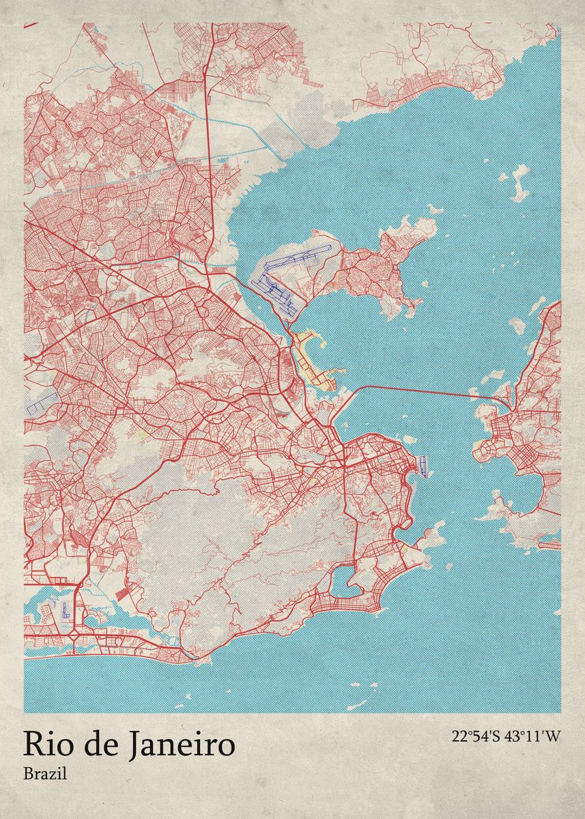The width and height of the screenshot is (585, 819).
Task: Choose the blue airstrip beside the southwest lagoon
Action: click(66, 608)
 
